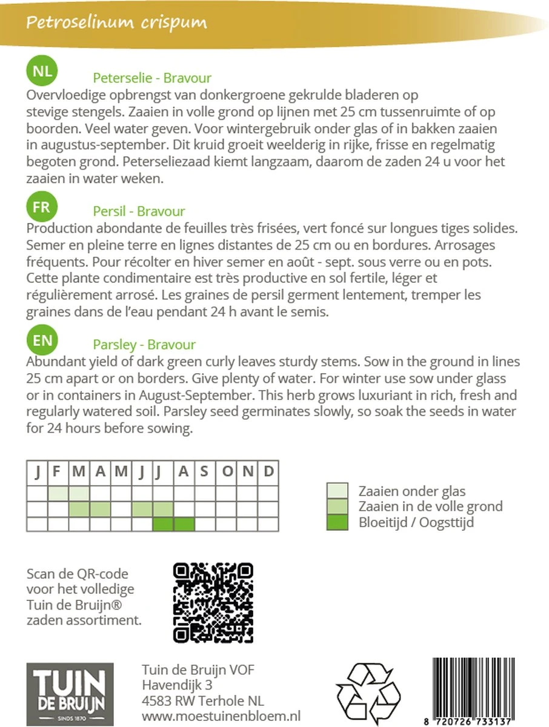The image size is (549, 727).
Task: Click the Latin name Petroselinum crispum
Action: coord(116,23)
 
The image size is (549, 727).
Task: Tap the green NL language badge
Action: coord(42,71)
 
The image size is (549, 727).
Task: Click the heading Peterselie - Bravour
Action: coord(152,78)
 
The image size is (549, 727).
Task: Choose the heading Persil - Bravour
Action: coord(139,211)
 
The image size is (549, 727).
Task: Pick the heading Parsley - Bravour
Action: coord(144,345)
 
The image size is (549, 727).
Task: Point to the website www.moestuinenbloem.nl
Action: coord(221,717)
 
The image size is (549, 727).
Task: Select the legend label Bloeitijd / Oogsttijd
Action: coord(416,522)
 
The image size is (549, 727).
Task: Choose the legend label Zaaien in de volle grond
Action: coord(430,506)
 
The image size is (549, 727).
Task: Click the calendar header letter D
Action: coord(268,471)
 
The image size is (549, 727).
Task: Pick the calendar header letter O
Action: coord(227,471)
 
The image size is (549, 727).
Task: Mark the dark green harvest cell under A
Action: coord(184,523)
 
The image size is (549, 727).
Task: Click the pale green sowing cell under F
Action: coord(58,493)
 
